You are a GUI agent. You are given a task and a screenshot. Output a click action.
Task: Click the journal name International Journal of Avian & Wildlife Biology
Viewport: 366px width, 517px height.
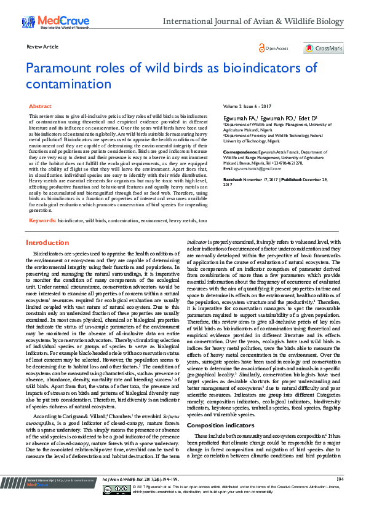[253, 21]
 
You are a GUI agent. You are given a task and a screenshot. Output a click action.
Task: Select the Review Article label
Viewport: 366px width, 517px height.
[42, 47]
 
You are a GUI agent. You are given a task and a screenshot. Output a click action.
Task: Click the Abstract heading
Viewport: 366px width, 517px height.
[40, 106]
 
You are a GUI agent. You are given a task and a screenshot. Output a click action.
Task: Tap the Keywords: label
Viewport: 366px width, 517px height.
[42, 219]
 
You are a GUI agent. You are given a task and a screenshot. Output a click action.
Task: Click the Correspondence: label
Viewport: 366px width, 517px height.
[241, 151]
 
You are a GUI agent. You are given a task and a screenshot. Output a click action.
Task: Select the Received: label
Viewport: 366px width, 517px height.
[234, 179]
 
